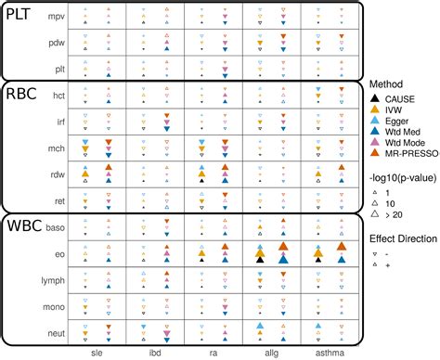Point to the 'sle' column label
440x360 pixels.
coord(97,354)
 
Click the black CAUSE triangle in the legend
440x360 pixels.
coord(374,98)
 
